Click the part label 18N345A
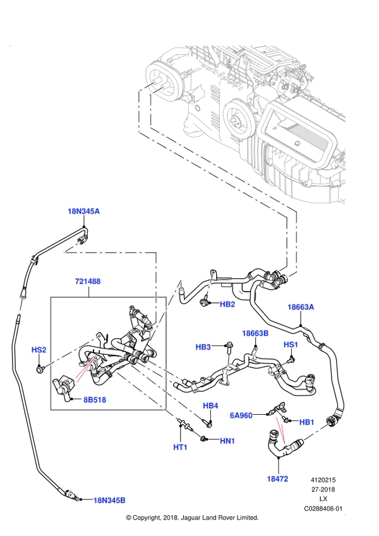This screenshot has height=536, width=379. (x=84, y=211)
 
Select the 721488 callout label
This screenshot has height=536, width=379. (x=88, y=282)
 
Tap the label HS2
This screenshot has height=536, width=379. (x=39, y=350)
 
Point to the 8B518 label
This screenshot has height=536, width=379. (x=95, y=400)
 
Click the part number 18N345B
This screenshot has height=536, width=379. (x=109, y=500)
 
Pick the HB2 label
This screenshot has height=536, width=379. (x=227, y=304)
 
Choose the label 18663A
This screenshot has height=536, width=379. (x=301, y=307)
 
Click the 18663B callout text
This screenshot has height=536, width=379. (x=255, y=333)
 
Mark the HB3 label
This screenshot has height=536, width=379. (x=203, y=347)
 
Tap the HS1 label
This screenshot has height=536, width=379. (x=291, y=344)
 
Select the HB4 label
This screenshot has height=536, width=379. (x=211, y=405)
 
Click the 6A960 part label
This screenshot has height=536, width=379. (x=241, y=415)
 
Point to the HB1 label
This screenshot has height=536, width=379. (x=306, y=422)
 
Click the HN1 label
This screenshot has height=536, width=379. (x=227, y=441)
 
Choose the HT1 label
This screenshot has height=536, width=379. (x=180, y=447)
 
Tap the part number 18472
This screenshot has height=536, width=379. (x=277, y=479)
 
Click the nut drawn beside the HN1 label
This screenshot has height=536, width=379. (x=203, y=438)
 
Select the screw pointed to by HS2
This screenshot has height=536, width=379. (x=40, y=369)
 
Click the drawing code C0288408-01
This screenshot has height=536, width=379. (x=323, y=509)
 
